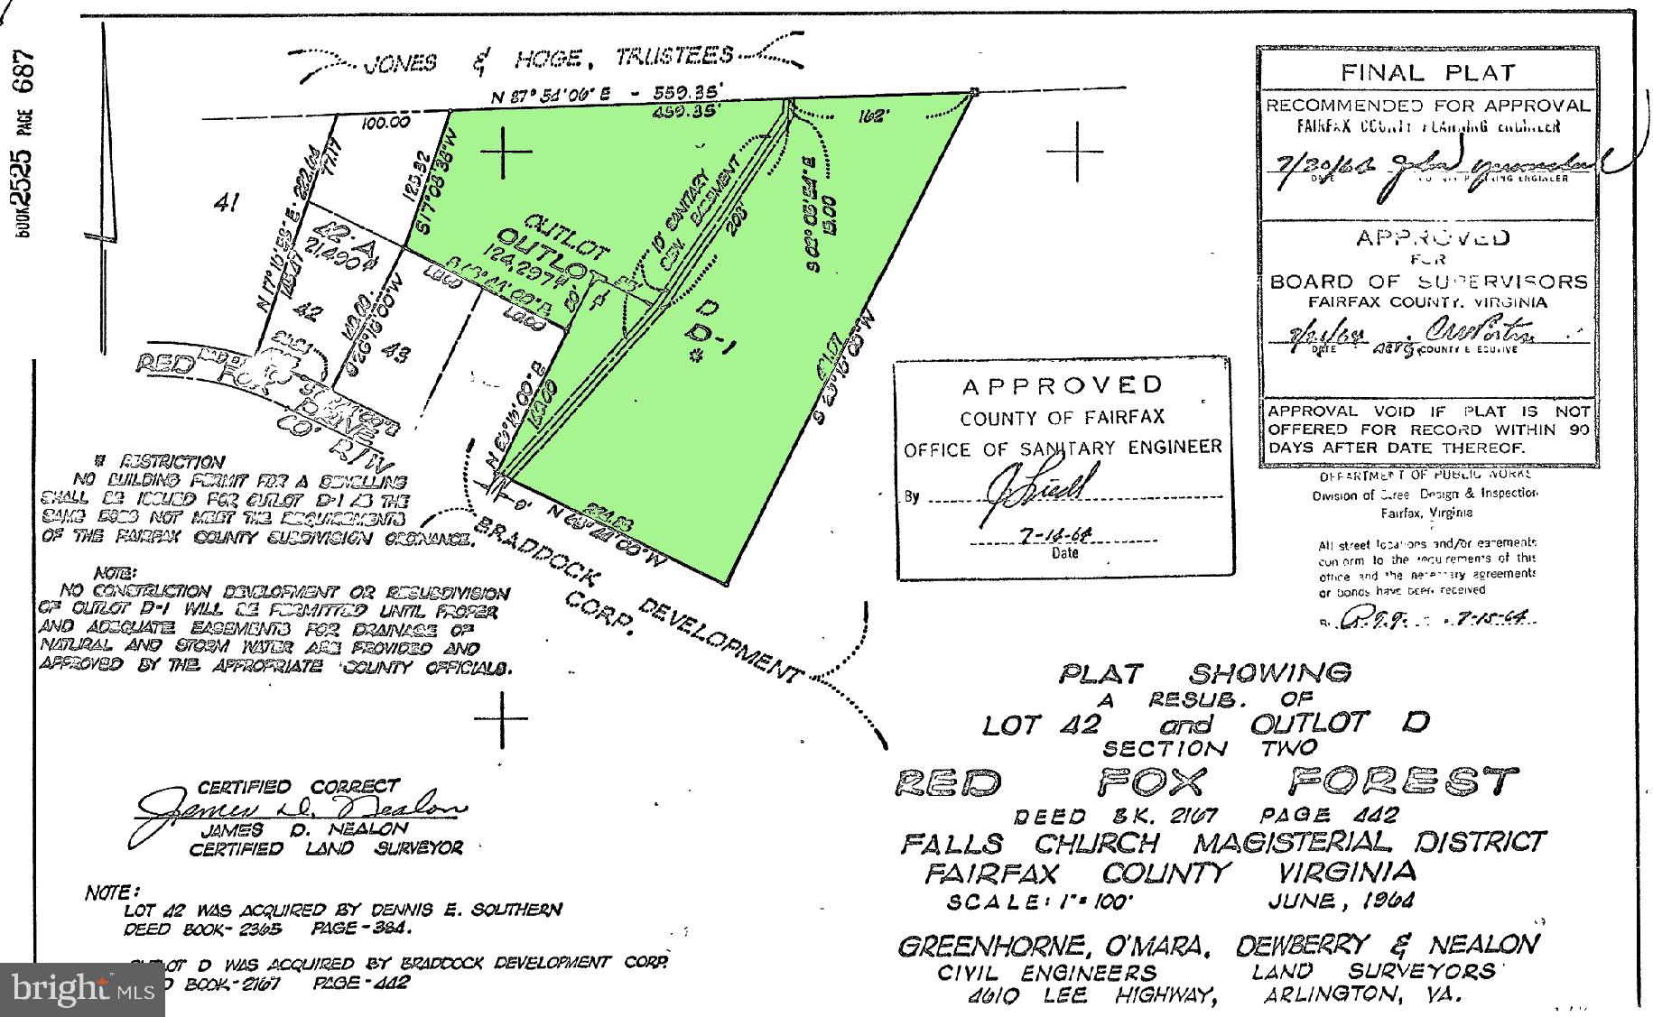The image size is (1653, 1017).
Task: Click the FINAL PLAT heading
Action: tap(1426, 72)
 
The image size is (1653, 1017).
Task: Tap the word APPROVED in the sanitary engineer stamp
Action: tap(1062, 386)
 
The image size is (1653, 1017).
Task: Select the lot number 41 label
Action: tap(226, 204)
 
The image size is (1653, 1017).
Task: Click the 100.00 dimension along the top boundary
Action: tap(385, 123)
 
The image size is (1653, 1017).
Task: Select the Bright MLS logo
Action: tap(81, 989)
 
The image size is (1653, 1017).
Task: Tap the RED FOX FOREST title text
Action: tap(1206, 781)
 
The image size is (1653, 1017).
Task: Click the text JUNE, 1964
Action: tap(1340, 901)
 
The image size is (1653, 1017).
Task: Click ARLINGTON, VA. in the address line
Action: tap(1361, 995)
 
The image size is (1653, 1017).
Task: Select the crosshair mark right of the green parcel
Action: tap(1075, 150)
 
